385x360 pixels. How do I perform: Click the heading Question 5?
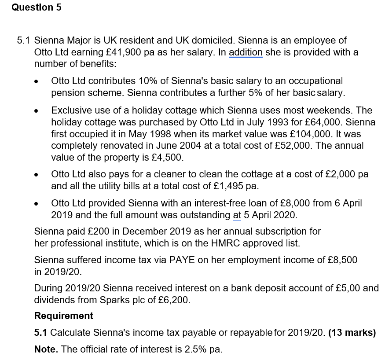tap(37, 7)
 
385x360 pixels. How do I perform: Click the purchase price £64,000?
tap(302, 122)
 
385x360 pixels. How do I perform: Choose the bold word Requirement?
tap(64, 316)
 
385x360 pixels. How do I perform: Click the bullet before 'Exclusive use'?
tap(39, 111)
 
